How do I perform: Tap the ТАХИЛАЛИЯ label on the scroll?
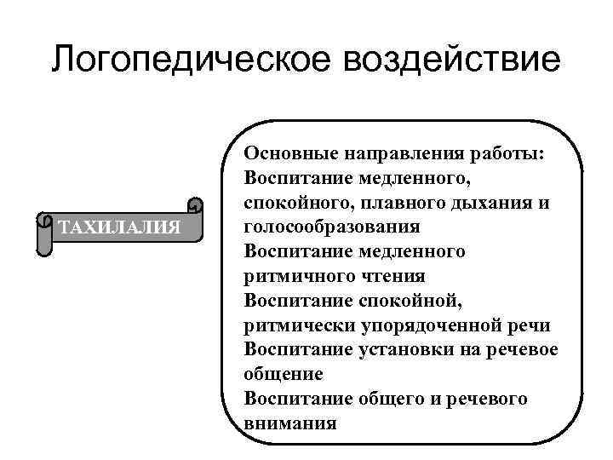point(118,227)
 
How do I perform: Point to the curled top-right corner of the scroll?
point(195,206)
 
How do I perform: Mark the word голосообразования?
point(331,227)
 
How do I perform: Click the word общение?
point(283,374)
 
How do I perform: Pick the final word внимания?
point(289,423)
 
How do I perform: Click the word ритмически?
point(296,325)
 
